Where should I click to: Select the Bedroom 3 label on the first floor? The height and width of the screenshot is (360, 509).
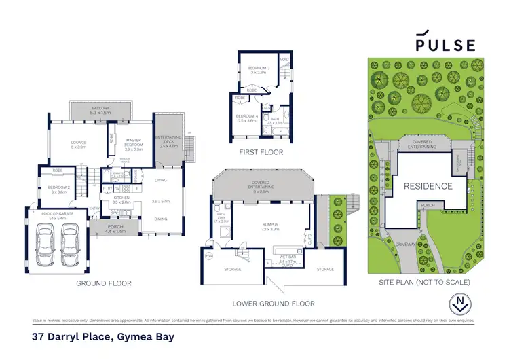(x=259, y=70)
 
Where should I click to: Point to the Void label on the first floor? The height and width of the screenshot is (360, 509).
(x=285, y=59)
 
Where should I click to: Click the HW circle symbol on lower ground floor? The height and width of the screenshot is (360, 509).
(x=208, y=256)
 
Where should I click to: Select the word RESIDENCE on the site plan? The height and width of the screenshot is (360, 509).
(x=428, y=186)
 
